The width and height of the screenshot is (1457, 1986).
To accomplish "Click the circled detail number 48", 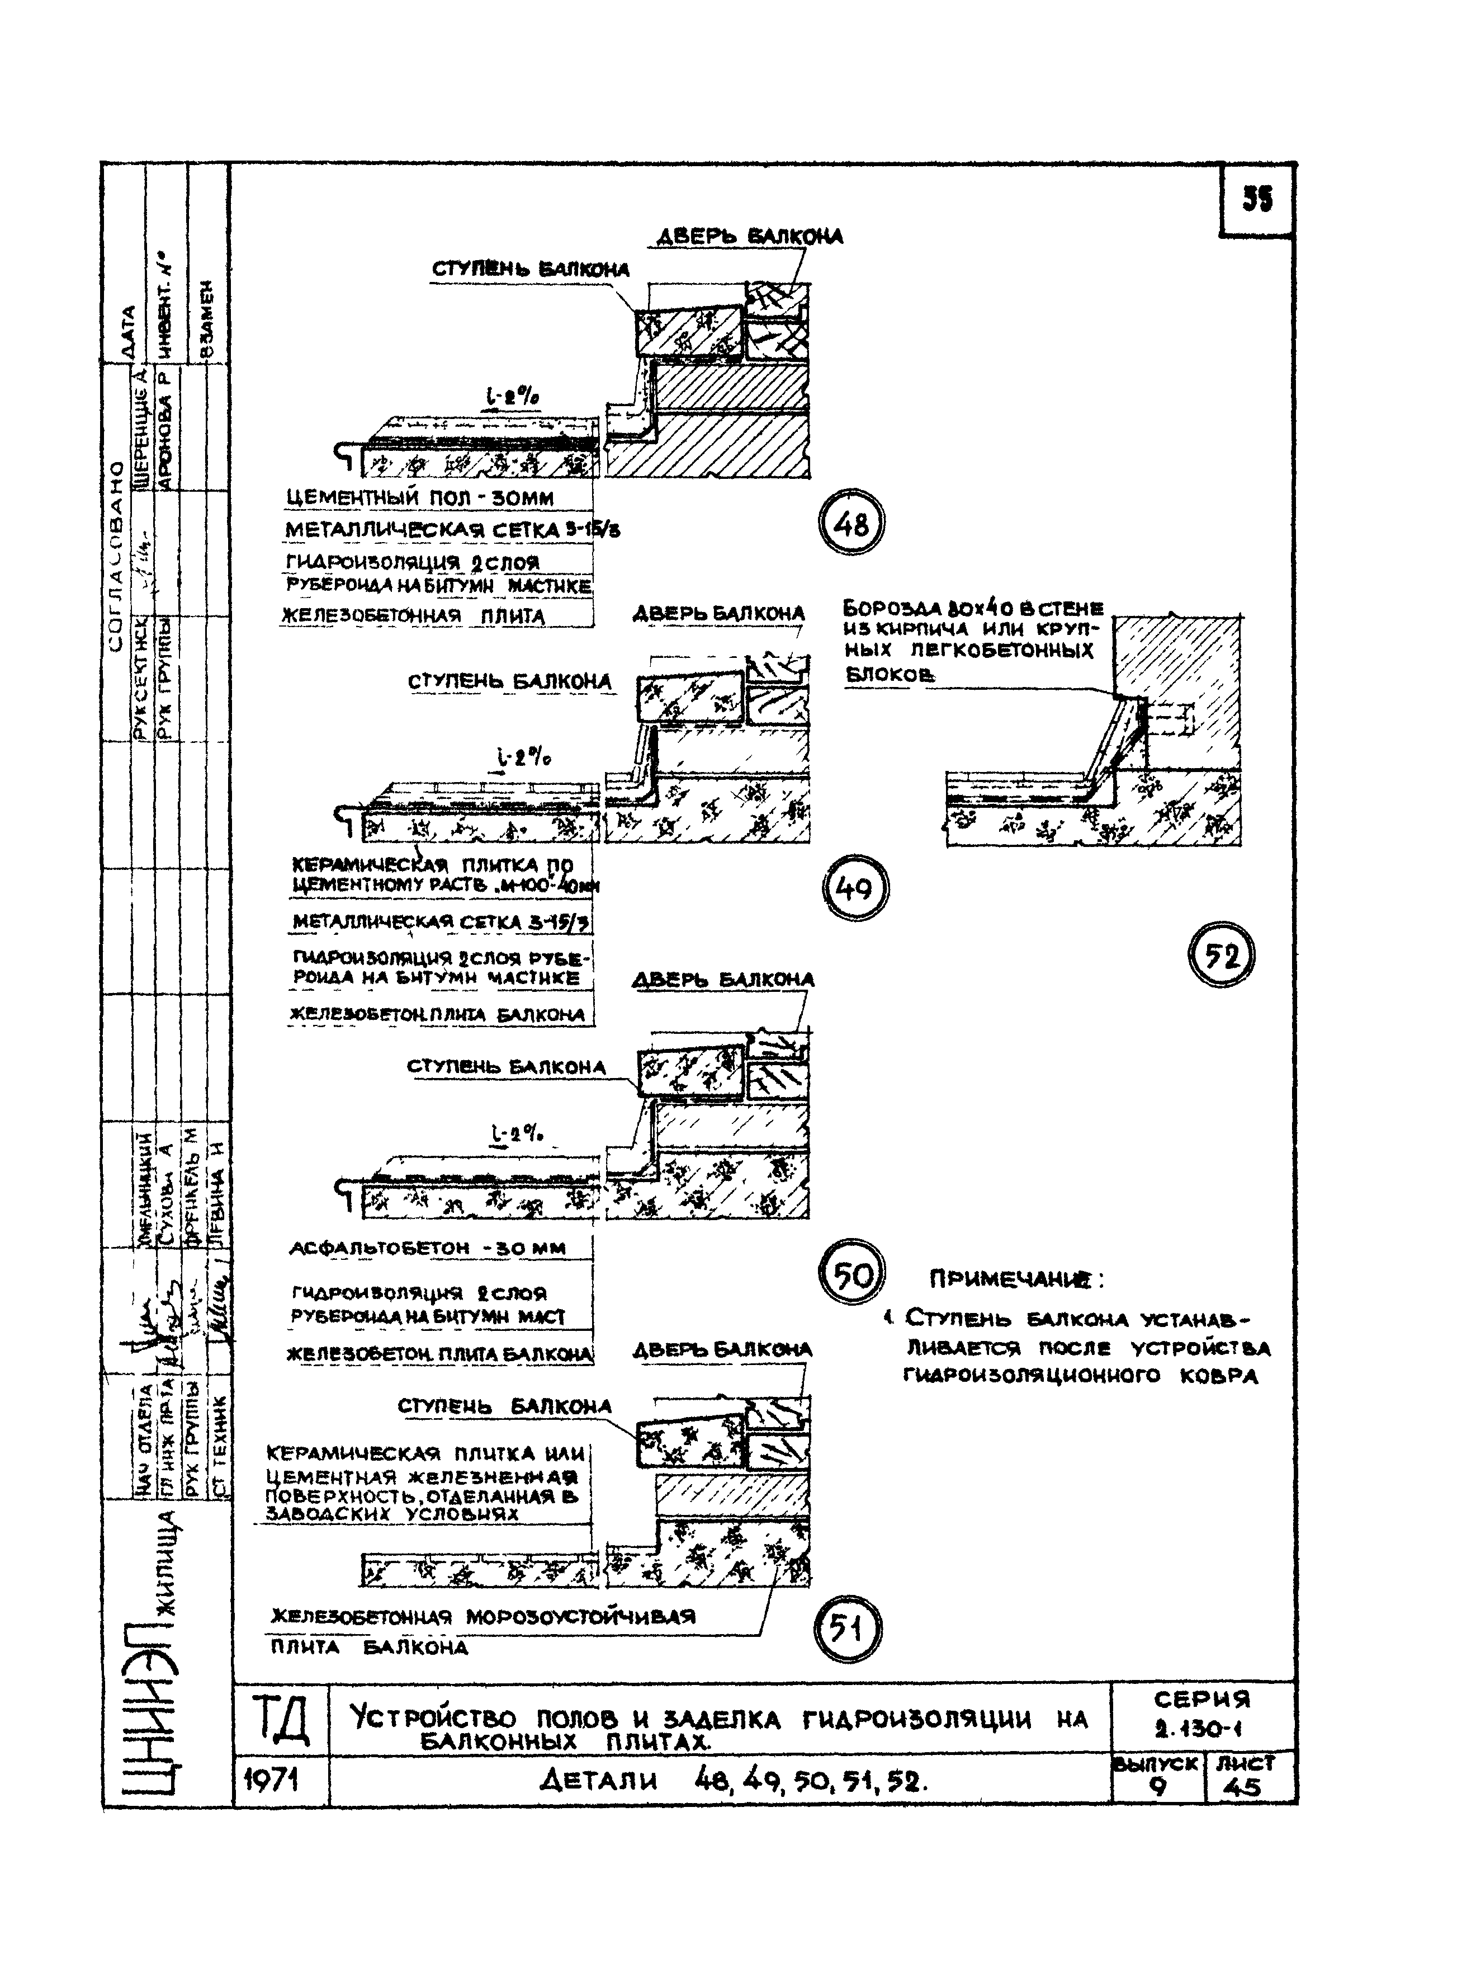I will coord(850,525).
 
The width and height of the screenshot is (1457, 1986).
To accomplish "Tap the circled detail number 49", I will coord(855,888).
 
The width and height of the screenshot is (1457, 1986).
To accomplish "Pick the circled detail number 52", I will coord(1221,956).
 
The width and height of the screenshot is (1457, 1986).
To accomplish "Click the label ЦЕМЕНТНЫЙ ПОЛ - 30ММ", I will coord(420,498).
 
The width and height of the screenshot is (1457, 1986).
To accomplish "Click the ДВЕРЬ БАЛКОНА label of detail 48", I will coord(749,237).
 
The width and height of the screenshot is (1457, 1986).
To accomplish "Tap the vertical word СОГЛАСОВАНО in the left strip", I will coord(116,556).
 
